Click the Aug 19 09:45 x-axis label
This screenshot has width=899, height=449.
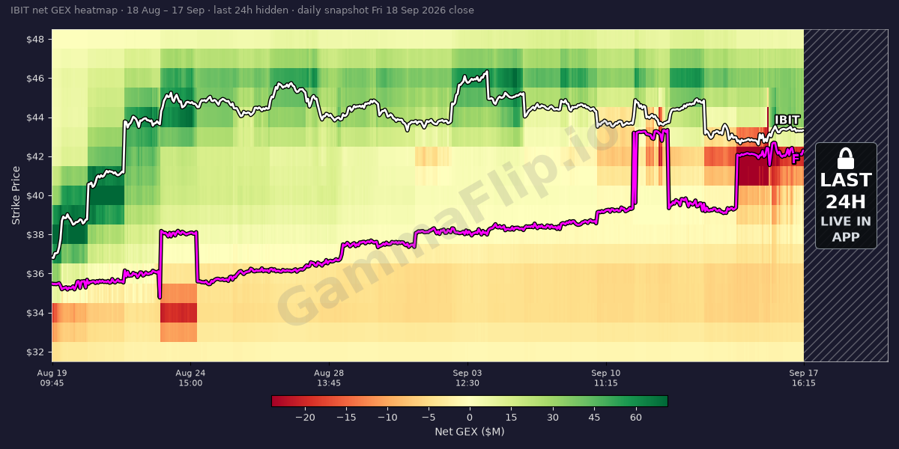(x=52, y=378)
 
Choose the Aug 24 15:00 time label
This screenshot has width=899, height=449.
(x=190, y=378)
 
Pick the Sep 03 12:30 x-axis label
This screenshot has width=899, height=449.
(x=467, y=378)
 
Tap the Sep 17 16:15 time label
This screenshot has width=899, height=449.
(x=803, y=378)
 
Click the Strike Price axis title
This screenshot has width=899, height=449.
(x=16, y=195)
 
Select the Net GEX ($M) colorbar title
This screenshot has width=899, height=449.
(x=470, y=432)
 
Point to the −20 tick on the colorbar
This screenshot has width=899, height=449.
(x=305, y=418)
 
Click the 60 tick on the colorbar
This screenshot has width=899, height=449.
(x=636, y=418)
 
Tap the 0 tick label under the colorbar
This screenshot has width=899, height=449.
(x=470, y=418)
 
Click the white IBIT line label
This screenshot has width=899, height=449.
(x=787, y=120)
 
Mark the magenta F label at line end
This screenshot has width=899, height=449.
(x=795, y=159)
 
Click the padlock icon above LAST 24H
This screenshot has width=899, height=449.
(x=846, y=159)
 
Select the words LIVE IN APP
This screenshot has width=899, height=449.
(x=846, y=229)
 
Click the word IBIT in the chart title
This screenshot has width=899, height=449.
(x=19, y=10)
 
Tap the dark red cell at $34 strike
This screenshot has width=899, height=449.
(x=178, y=313)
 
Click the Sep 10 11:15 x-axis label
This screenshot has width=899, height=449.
(x=605, y=378)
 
